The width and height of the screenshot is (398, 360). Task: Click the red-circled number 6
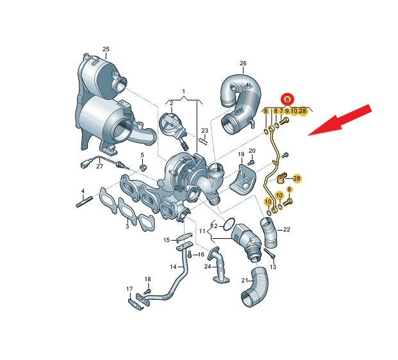pos(287,100)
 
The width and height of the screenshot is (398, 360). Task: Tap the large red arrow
pos(340,120)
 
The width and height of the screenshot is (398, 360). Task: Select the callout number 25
pos(106,49)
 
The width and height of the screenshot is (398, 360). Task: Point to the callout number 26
pos(243,63)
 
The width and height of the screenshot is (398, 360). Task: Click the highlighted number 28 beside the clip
pos(297,178)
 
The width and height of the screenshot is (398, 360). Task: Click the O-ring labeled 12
pos(229,225)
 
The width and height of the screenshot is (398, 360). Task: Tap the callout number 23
pos(204,131)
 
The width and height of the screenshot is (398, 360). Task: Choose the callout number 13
pos(273,266)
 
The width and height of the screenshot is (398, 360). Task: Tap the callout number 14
pos(173,266)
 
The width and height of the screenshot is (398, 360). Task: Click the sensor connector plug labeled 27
pos(85,165)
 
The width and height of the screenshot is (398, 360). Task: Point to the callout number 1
pos(184,92)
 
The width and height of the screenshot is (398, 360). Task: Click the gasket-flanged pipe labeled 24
pos(218,265)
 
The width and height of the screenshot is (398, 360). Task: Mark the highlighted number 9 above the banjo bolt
pos(289,189)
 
